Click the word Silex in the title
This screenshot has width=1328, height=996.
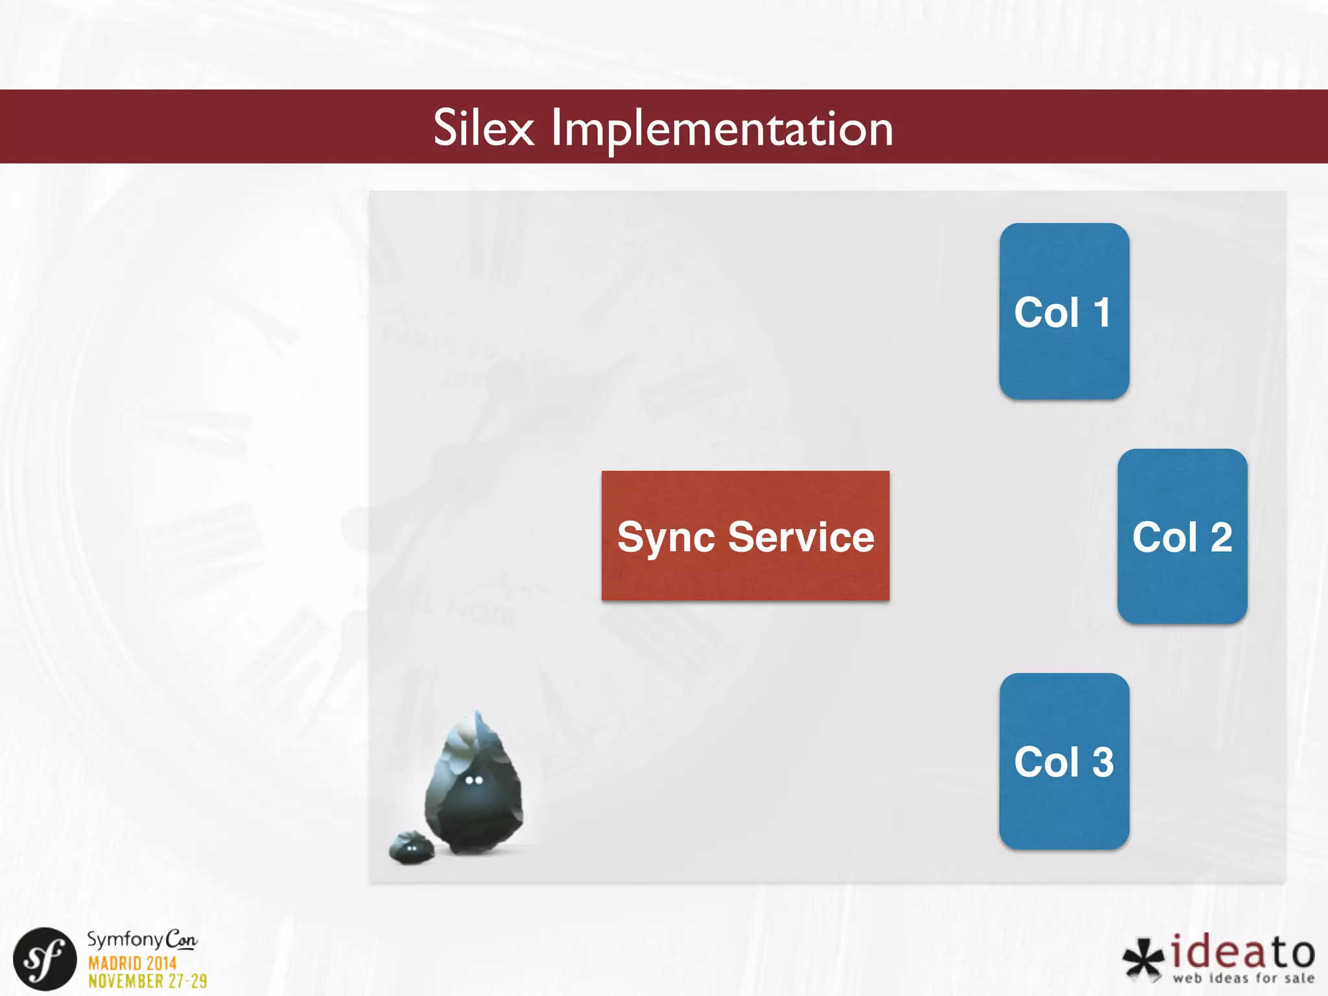tap(483, 128)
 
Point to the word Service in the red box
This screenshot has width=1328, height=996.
tap(801, 537)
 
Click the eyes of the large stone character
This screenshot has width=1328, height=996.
tap(474, 780)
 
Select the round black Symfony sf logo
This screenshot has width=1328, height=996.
tap(45, 959)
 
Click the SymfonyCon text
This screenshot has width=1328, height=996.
tap(142, 940)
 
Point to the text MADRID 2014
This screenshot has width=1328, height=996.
tap(132, 963)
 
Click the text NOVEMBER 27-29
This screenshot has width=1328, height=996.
tap(148, 981)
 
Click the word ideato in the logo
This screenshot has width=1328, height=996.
tap(1242, 952)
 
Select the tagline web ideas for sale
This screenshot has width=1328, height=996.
tap(1243, 978)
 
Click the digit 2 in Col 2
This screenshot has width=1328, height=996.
tap(1221, 537)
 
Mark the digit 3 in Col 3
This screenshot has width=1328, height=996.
tap(1103, 762)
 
